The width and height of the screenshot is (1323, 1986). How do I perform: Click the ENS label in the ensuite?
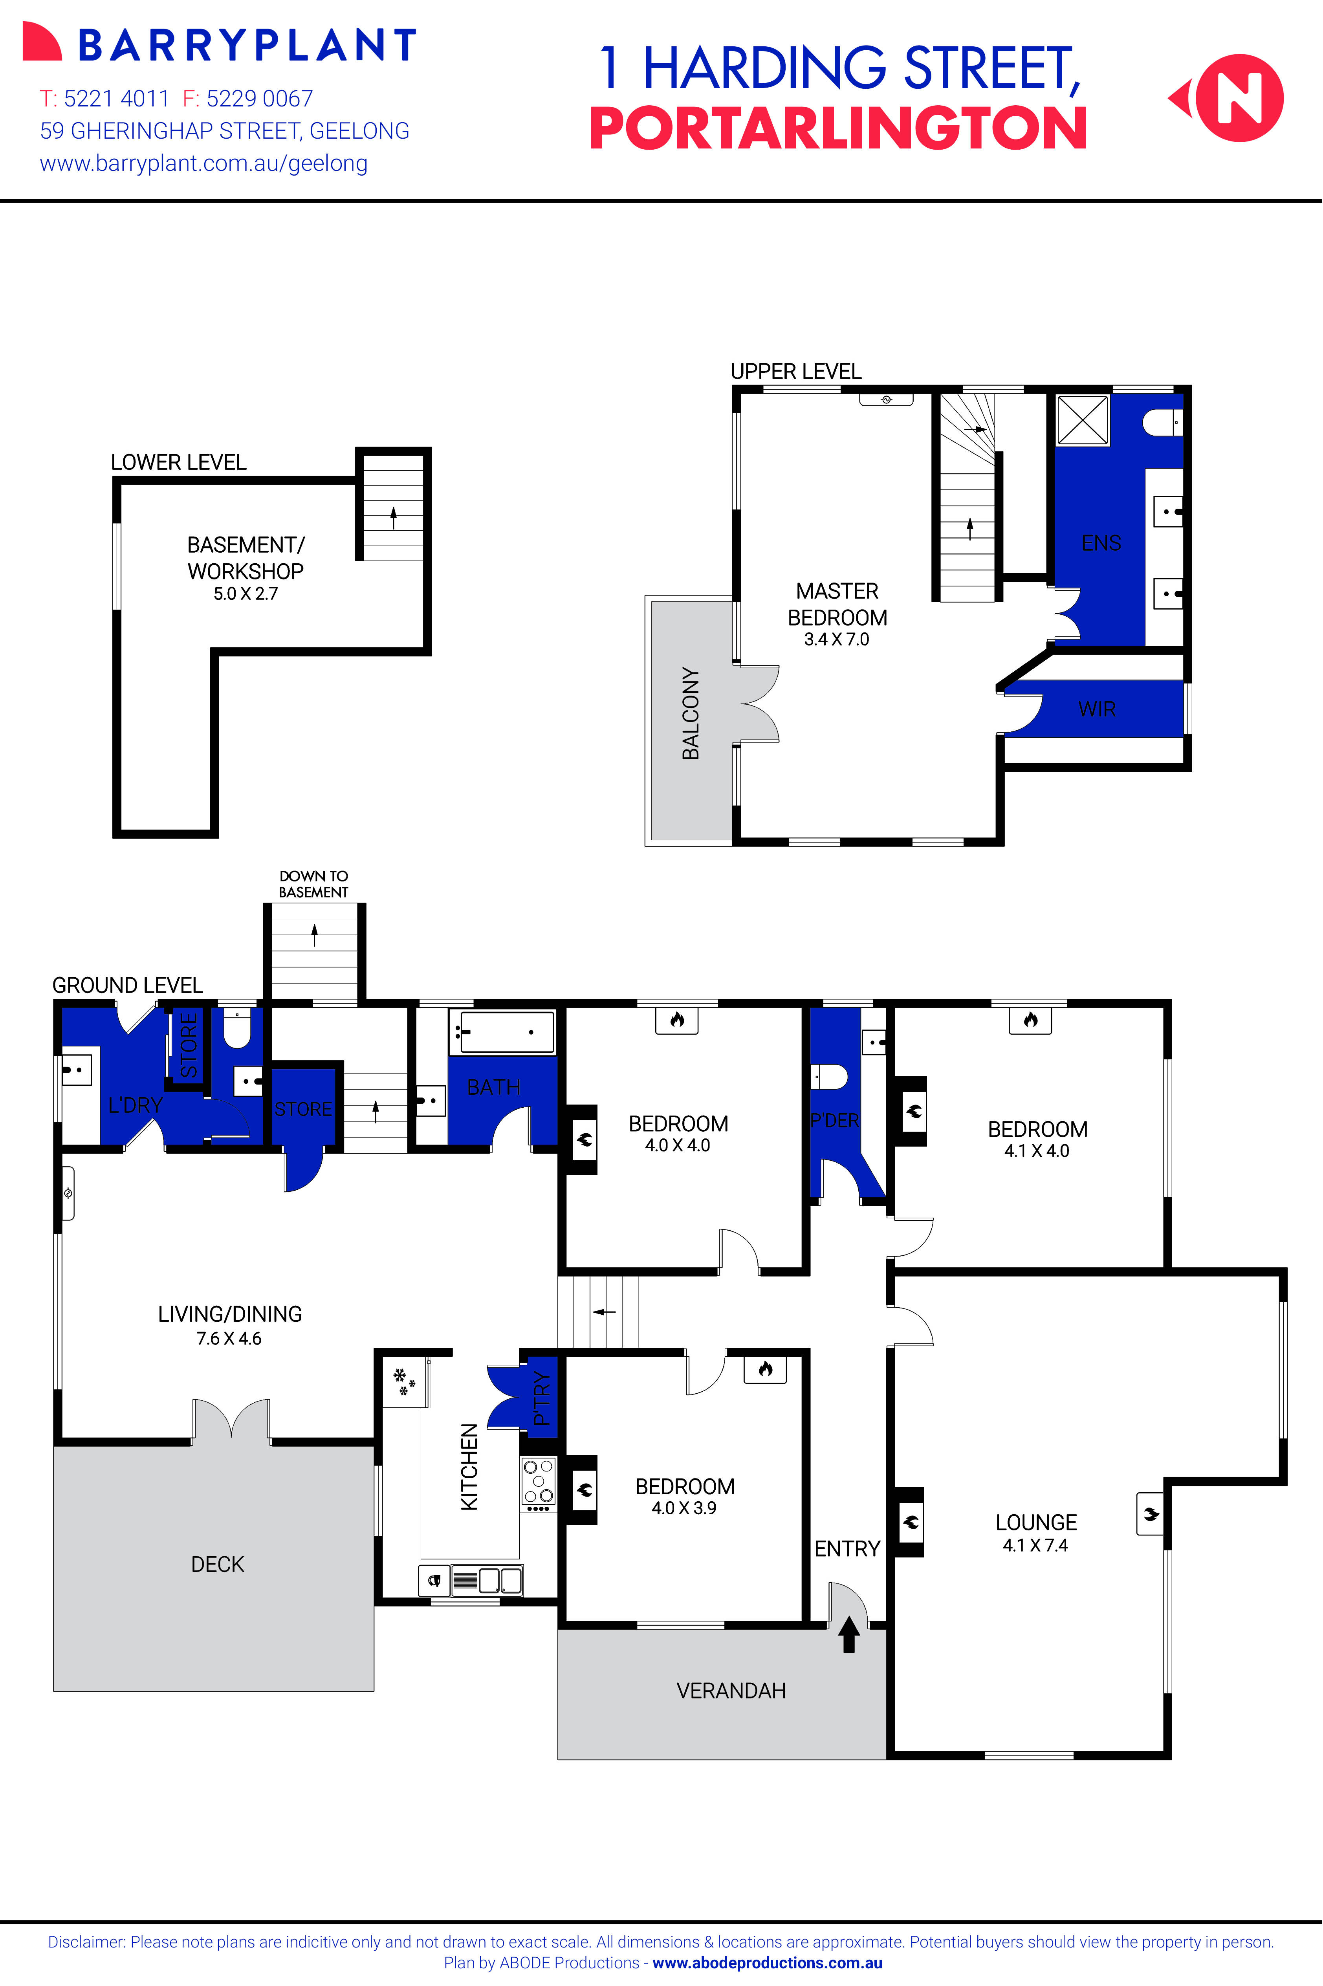pyautogui.click(x=1101, y=543)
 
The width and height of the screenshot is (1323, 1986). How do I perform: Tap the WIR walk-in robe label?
pyautogui.click(x=1097, y=709)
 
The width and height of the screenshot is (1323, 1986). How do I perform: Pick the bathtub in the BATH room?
pyautogui.click(x=502, y=1032)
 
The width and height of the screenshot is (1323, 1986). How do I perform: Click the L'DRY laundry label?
pyautogui.click(x=135, y=1105)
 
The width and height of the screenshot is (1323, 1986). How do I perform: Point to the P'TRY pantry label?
pyautogui.click(x=542, y=1398)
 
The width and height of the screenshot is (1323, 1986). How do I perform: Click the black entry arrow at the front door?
pyautogui.click(x=849, y=1634)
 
